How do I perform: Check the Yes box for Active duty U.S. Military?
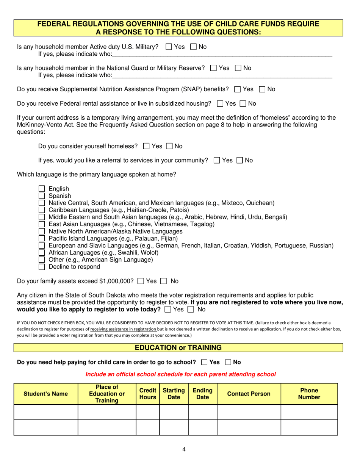169,47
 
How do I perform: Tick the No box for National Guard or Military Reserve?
238,68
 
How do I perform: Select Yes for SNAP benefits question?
238,90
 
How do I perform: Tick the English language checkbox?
42,189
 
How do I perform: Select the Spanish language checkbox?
42,196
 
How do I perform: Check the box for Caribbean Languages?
42,210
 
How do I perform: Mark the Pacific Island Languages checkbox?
42,238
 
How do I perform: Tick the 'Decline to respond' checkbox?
42,267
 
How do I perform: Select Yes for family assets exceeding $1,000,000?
141,281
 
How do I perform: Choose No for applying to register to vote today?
191,310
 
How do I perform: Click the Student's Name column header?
46,394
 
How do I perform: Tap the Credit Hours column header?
147,394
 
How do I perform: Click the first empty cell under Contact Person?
249,412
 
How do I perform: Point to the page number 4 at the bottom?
184,450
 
